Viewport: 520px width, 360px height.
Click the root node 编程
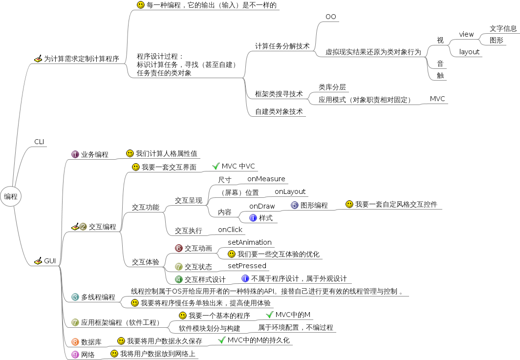click(x=11, y=197)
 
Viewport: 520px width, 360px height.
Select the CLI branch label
click(x=39, y=142)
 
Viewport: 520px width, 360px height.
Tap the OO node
click(x=331, y=17)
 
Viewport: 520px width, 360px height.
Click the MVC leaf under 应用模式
click(x=437, y=99)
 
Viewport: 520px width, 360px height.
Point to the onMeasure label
click(x=266, y=179)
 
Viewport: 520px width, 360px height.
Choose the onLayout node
click(x=290, y=191)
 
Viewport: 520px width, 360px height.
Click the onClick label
click(x=230, y=230)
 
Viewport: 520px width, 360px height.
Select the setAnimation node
click(x=249, y=242)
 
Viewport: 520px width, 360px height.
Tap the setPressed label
click(x=247, y=266)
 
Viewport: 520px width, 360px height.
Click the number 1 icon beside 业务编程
click(x=75, y=154)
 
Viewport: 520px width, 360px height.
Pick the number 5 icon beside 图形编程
click(x=295, y=205)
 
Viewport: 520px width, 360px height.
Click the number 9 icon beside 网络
click(x=75, y=355)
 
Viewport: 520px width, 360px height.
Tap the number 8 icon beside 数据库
click(x=75, y=342)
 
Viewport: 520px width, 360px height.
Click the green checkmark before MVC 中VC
click(x=216, y=166)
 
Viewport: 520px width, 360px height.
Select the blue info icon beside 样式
click(x=253, y=218)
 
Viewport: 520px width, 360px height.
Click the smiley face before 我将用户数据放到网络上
click(x=114, y=353)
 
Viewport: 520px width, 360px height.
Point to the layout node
click(x=469, y=52)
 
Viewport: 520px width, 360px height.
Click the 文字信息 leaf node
click(x=503, y=28)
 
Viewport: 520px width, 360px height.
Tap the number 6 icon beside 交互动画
click(x=179, y=248)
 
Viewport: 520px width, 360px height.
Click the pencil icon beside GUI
click(x=38, y=261)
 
